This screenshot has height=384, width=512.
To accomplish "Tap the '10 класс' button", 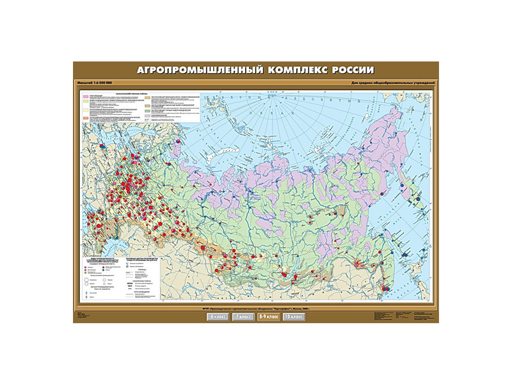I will tap(293, 317).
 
